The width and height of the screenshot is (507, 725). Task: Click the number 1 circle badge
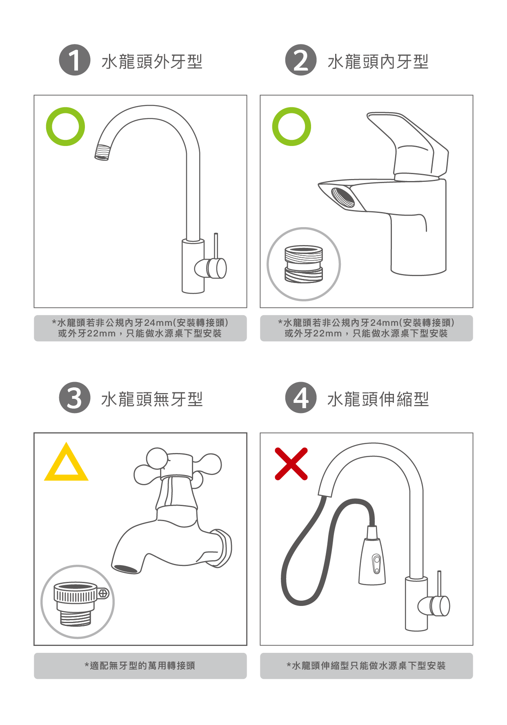click(74, 60)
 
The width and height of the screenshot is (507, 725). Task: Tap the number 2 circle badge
click(301, 60)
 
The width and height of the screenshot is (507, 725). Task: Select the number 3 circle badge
click(74, 398)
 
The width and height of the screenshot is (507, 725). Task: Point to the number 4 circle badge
click(301, 398)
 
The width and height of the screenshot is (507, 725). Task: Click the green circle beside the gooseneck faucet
click(65, 109)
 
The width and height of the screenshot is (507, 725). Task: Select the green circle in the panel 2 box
click(291, 109)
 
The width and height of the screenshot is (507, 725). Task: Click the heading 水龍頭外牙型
click(152, 62)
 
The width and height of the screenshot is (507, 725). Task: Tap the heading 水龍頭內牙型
click(378, 62)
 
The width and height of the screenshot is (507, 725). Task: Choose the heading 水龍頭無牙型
click(152, 399)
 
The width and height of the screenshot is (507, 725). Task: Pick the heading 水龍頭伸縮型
click(378, 399)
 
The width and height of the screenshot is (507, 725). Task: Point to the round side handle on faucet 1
click(211, 268)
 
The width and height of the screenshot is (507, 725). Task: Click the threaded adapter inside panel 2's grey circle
click(304, 264)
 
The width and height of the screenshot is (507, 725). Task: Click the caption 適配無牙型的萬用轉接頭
click(140, 666)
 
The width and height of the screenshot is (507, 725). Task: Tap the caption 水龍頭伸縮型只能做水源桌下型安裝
click(366, 666)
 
